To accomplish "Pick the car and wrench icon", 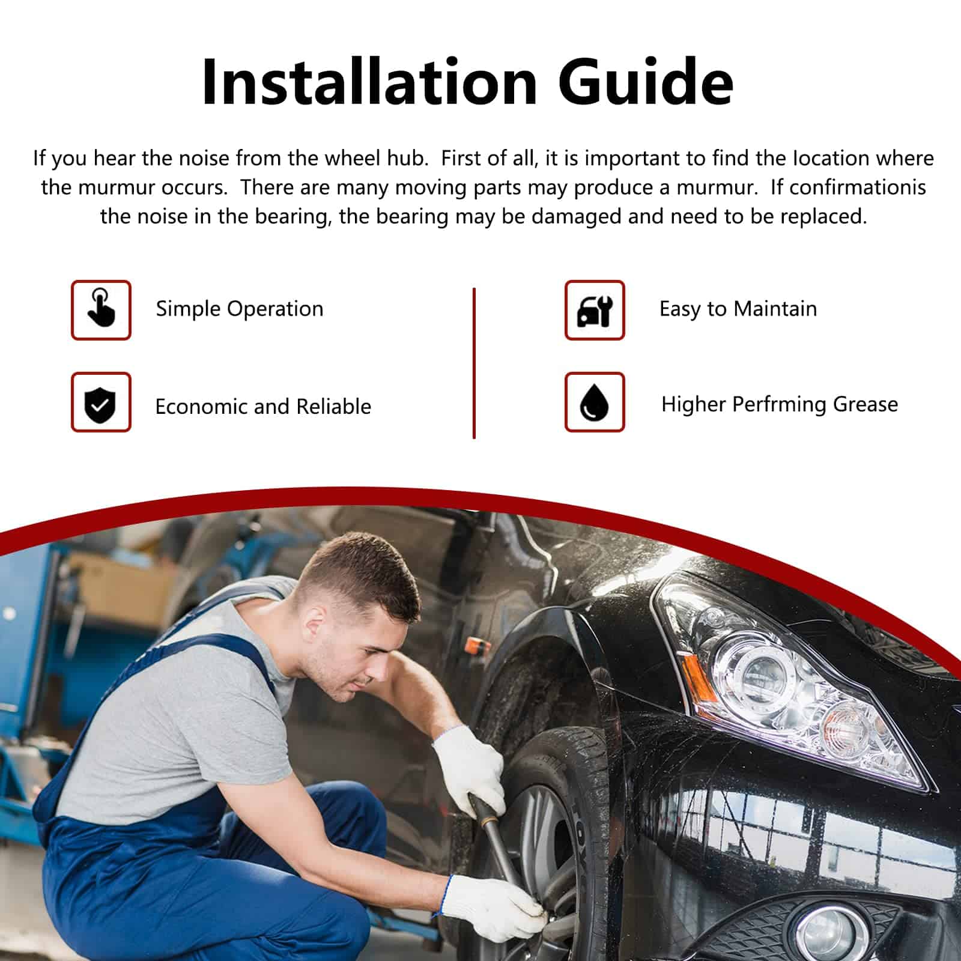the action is click(x=595, y=311).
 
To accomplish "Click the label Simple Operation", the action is click(x=240, y=309).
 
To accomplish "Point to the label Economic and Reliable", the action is click(x=263, y=407).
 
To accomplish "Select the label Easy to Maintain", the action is click(x=738, y=309).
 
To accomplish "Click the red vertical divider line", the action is click(x=474, y=363).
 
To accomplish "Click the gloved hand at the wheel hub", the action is click(x=493, y=907).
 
